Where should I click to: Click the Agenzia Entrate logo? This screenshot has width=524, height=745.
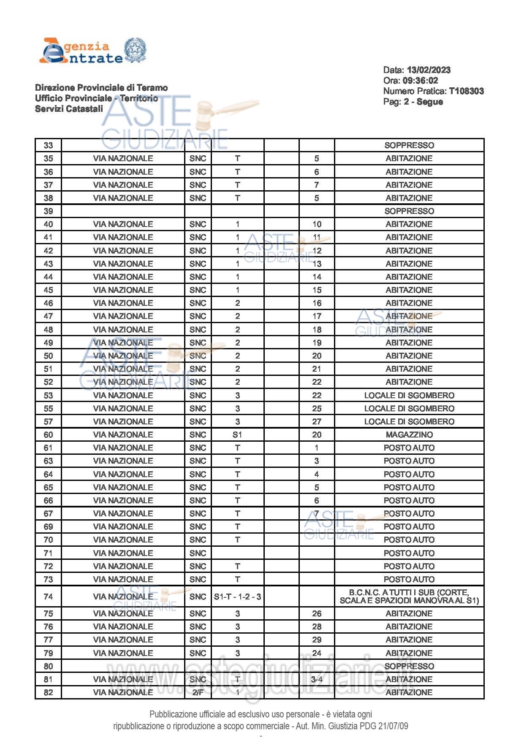point(92,51)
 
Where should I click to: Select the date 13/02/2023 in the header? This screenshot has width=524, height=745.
point(429,70)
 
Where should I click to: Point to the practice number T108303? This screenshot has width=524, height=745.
point(466,91)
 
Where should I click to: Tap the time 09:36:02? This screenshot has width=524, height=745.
point(416,81)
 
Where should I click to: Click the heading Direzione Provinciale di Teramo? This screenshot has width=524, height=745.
point(101,88)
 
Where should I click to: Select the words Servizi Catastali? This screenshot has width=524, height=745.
point(69,109)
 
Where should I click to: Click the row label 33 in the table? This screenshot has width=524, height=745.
point(48,145)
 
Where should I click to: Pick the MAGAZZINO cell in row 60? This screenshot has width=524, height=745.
point(409,435)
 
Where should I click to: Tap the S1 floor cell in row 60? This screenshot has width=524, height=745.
point(237,435)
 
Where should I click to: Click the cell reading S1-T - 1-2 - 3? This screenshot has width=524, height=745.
point(237,597)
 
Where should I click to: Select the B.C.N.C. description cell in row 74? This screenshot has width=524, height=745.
point(409,597)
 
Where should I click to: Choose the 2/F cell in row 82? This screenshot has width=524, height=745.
point(198,692)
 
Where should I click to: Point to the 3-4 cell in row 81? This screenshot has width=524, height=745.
point(317,679)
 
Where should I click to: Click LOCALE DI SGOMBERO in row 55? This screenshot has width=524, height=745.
point(409,408)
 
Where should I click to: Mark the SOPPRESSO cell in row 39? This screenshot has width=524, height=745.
point(409,211)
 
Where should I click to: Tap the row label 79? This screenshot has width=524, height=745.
point(48,653)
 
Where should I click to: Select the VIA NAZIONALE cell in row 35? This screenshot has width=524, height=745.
point(123,159)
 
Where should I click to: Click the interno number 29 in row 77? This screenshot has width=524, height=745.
point(317,640)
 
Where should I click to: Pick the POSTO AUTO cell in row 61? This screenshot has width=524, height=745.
point(409,448)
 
